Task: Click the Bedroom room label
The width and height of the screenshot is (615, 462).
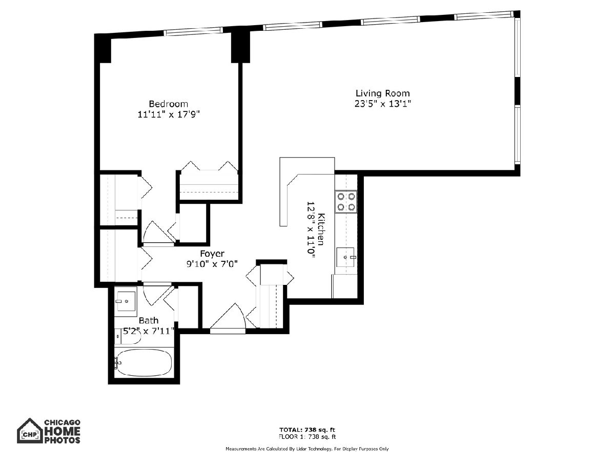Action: pyautogui.click(x=168, y=104)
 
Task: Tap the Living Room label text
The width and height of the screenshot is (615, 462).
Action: pyautogui.click(x=382, y=93)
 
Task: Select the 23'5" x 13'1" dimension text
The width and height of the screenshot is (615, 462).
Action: pyautogui.click(x=382, y=104)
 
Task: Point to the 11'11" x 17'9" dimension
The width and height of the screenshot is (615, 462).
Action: pyautogui.click(x=169, y=114)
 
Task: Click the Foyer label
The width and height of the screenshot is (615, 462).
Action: pyautogui.click(x=212, y=254)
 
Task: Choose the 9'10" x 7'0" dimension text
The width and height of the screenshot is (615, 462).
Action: pyautogui.click(x=212, y=264)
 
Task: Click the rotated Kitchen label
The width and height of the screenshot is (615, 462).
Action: pyautogui.click(x=322, y=229)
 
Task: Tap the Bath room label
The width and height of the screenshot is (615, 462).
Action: pyautogui.click(x=149, y=320)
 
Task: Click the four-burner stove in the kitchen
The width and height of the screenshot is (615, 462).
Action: pyautogui.click(x=346, y=202)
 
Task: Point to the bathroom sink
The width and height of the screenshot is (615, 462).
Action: pyautogui.click(x=126, y=301)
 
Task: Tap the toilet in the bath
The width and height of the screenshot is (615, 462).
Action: pyautogui.click(x=128, y=337)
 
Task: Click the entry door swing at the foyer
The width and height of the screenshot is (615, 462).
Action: pyautogui.click(x=228, y=316)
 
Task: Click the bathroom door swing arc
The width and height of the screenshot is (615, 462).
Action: pyautogui.click(x=157, y=296)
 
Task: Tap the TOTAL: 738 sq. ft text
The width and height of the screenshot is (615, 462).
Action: pyautogui.click(x=307, y=430)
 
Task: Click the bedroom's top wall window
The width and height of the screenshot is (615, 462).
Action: pyautogui.click(x=193, y=31)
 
